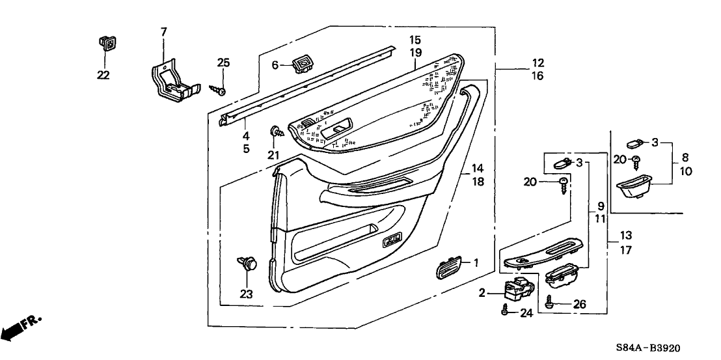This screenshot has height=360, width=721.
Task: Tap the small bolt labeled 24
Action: pos(504,312)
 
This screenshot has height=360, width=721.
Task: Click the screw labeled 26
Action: pos(550,301)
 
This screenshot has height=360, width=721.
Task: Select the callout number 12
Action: pos(537,64)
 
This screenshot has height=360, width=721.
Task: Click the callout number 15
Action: pos(415,40)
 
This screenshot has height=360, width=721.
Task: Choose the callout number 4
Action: pos(246,136)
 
